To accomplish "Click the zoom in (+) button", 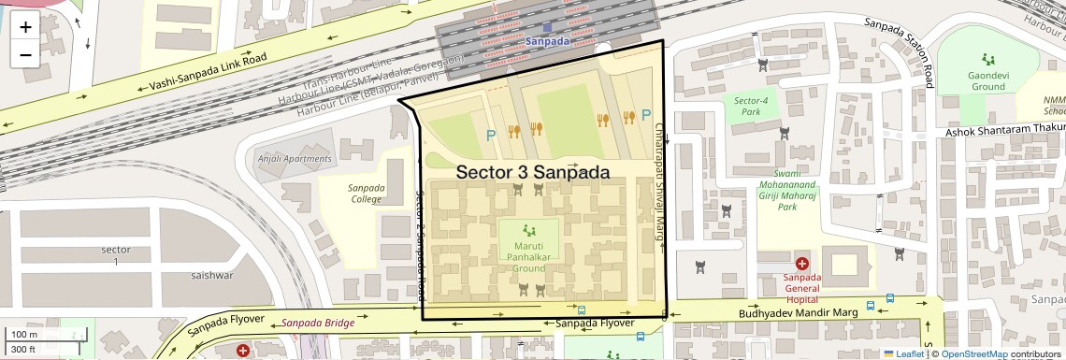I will coord(25,27).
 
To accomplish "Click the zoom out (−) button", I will coord(25,54).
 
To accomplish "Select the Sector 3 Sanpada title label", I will coord(532,173).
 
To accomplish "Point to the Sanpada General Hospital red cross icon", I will coord(801,265).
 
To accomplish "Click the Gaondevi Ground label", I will coord(987,80).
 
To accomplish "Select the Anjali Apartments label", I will coord(294,159).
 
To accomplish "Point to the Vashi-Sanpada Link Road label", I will coord(208,72).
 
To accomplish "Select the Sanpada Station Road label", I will coord(899,51).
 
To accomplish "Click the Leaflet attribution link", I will coord(903,353).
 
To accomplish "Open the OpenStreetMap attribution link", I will coord(973,353).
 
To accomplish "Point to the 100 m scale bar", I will coord(25,335).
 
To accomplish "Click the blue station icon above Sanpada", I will coord(547,28).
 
